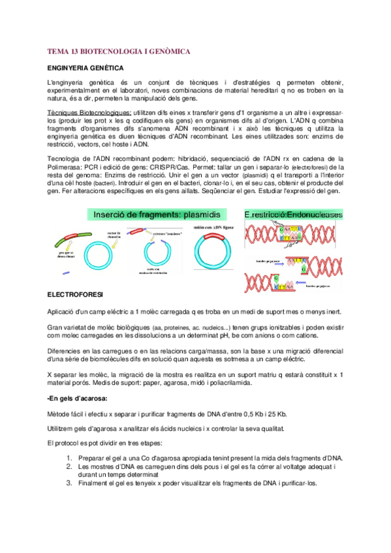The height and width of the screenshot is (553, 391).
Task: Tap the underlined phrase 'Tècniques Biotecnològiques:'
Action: pyautogui.click(x=88, y=112)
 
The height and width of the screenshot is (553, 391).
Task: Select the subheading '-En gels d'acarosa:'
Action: pyautogui.click(x=78, y=398)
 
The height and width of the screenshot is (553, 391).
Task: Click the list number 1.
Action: pyautogui.click(x=70, y=458)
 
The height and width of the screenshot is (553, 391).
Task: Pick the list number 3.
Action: pyautogui.click(x=70, y=484)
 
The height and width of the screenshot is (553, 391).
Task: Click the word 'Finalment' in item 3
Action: pyautogui.click(x=93, y=484)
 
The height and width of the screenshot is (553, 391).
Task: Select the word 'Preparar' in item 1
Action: pyautogui.click(x=92, y=458)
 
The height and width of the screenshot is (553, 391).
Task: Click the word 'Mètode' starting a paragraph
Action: pyautogui.click(x=61, y=413)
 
